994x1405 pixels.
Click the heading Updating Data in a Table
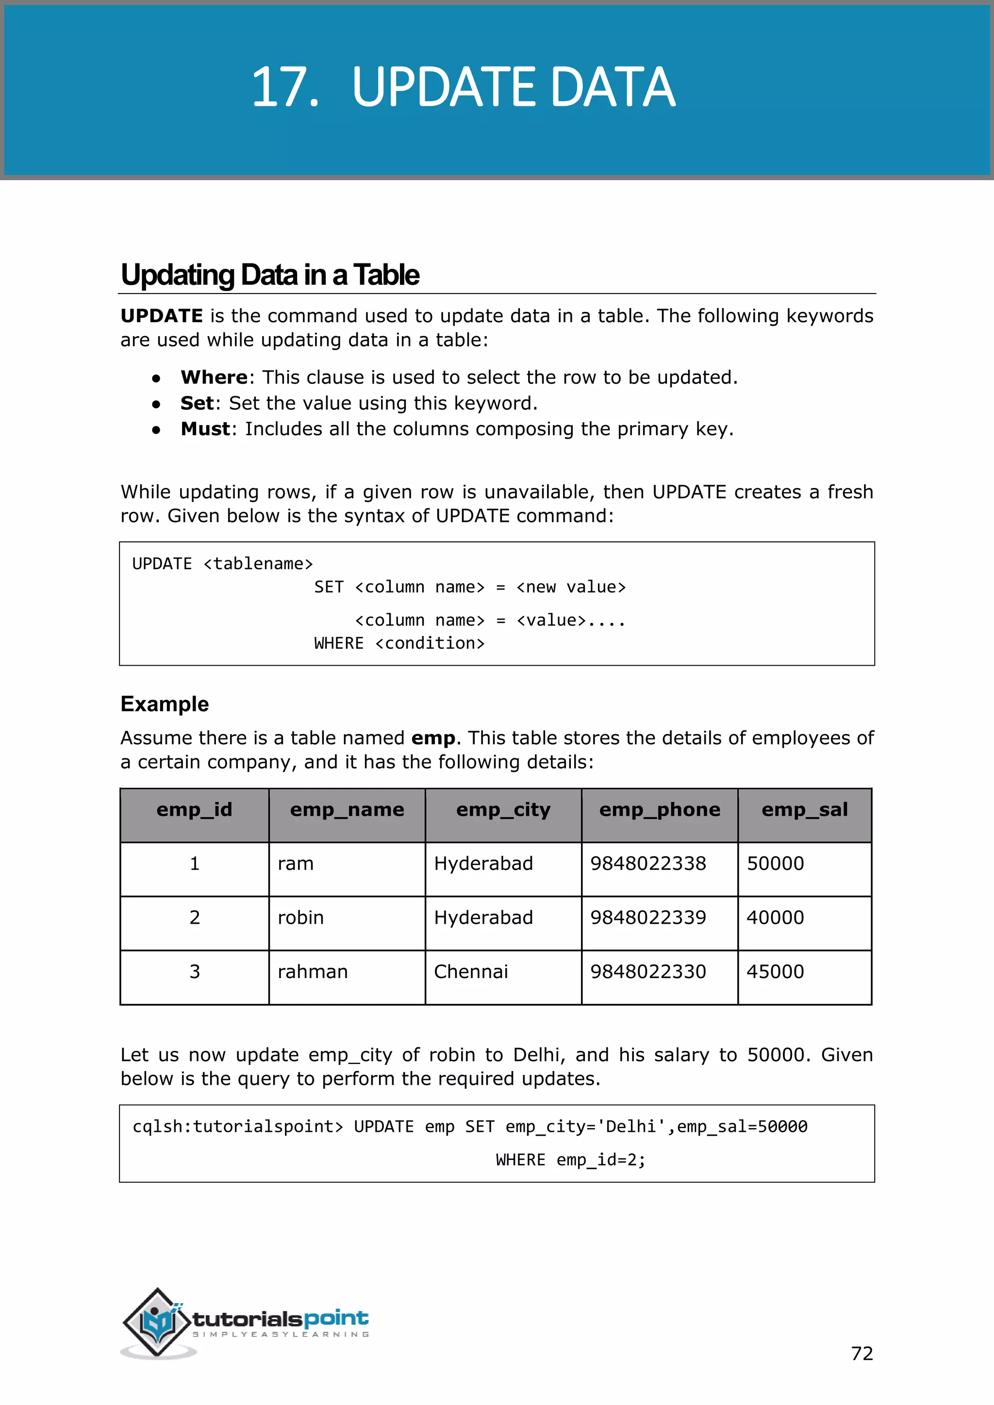click(269, 275)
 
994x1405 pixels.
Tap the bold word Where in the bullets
click(214, 377)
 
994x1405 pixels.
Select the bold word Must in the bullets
click(205, 429)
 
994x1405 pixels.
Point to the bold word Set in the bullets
click(197, 403)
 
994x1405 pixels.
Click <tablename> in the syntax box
click(258, 564)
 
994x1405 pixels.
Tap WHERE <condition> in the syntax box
click(399, 643)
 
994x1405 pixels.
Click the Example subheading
click(165, 704)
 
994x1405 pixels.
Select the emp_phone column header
click(659, 810)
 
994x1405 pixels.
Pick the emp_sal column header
click(804, 810)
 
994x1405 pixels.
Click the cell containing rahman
click(312, 972)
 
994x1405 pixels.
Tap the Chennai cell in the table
click(471, 972)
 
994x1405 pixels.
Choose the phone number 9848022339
click(647, 918)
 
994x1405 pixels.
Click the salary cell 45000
click(775, 972)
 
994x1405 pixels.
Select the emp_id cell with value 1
click(195, 864)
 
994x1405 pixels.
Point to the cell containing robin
click(300, 918)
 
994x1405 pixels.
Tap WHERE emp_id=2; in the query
click(570, 1160)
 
